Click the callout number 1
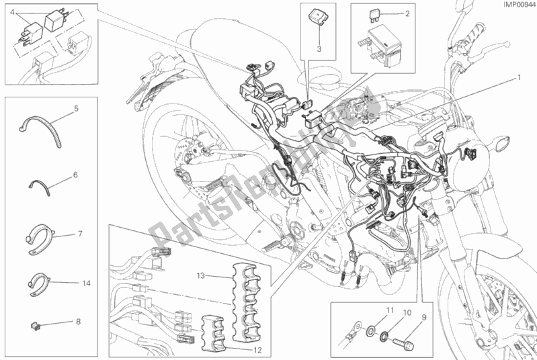519,78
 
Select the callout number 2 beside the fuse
407,13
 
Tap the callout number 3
321,49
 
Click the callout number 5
76,107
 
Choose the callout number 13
79,234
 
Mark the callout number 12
78,322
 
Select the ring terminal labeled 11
351,329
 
